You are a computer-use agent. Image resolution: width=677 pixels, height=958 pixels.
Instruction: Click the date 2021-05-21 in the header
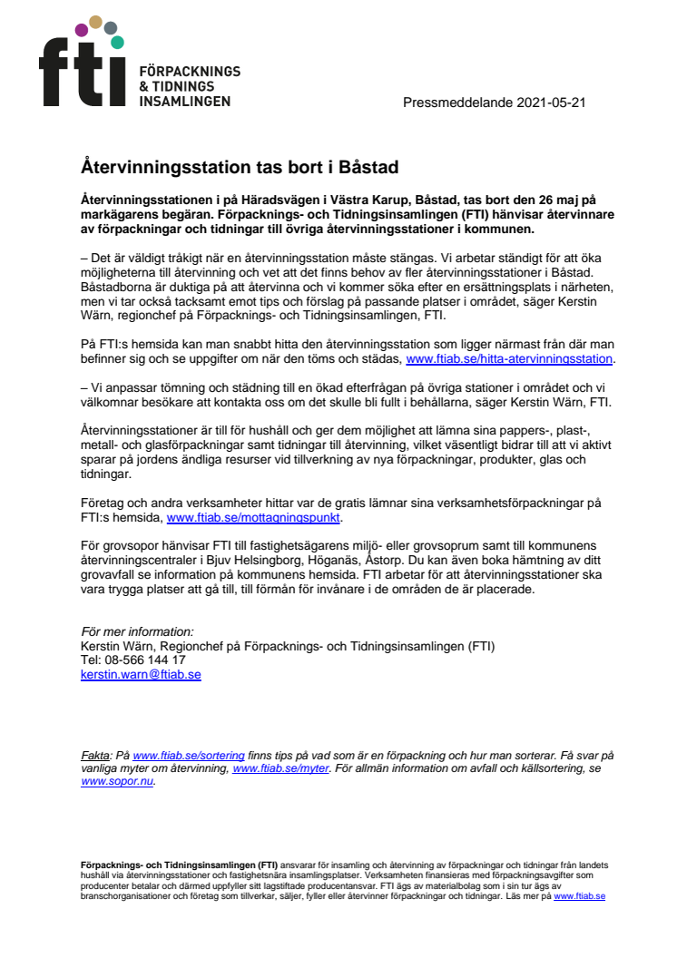pos(551,103)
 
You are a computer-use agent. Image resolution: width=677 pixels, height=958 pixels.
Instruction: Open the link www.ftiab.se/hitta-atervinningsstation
pos(509,359)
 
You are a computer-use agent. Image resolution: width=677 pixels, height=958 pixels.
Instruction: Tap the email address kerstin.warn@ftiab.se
pos(141,675)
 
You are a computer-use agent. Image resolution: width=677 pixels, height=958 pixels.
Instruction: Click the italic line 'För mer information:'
pos(137,631)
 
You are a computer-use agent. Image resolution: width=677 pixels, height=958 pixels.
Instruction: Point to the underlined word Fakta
pos(94,755)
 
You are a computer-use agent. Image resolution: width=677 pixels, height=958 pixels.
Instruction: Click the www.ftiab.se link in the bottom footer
pos(579,895)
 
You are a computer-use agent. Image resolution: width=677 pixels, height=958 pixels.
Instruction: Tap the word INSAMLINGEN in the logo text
pos(183,101)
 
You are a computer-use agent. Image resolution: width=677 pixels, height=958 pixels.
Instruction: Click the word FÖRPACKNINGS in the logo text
pos(189,71)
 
